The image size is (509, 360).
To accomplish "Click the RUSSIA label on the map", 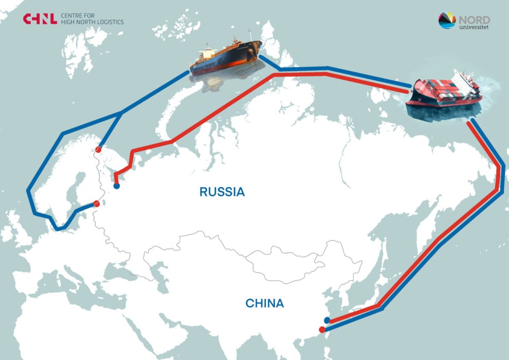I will tap(222, 192).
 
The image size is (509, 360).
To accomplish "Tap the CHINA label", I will tap(264, 303).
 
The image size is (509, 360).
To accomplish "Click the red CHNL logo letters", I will tap(40, 19).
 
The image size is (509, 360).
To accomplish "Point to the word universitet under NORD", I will tap(474, 27).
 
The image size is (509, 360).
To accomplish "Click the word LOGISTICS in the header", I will tap(107, 22).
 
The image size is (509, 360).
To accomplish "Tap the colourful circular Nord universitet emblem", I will tap(447, 21).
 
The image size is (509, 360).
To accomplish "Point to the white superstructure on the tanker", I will tap(207, 51).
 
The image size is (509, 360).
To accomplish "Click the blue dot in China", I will tap(327, 320).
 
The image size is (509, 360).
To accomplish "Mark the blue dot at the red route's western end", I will tap(117, 186).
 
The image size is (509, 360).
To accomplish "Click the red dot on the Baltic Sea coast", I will tap(96, 204).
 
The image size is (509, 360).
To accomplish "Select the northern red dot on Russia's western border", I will tap(98, 150).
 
